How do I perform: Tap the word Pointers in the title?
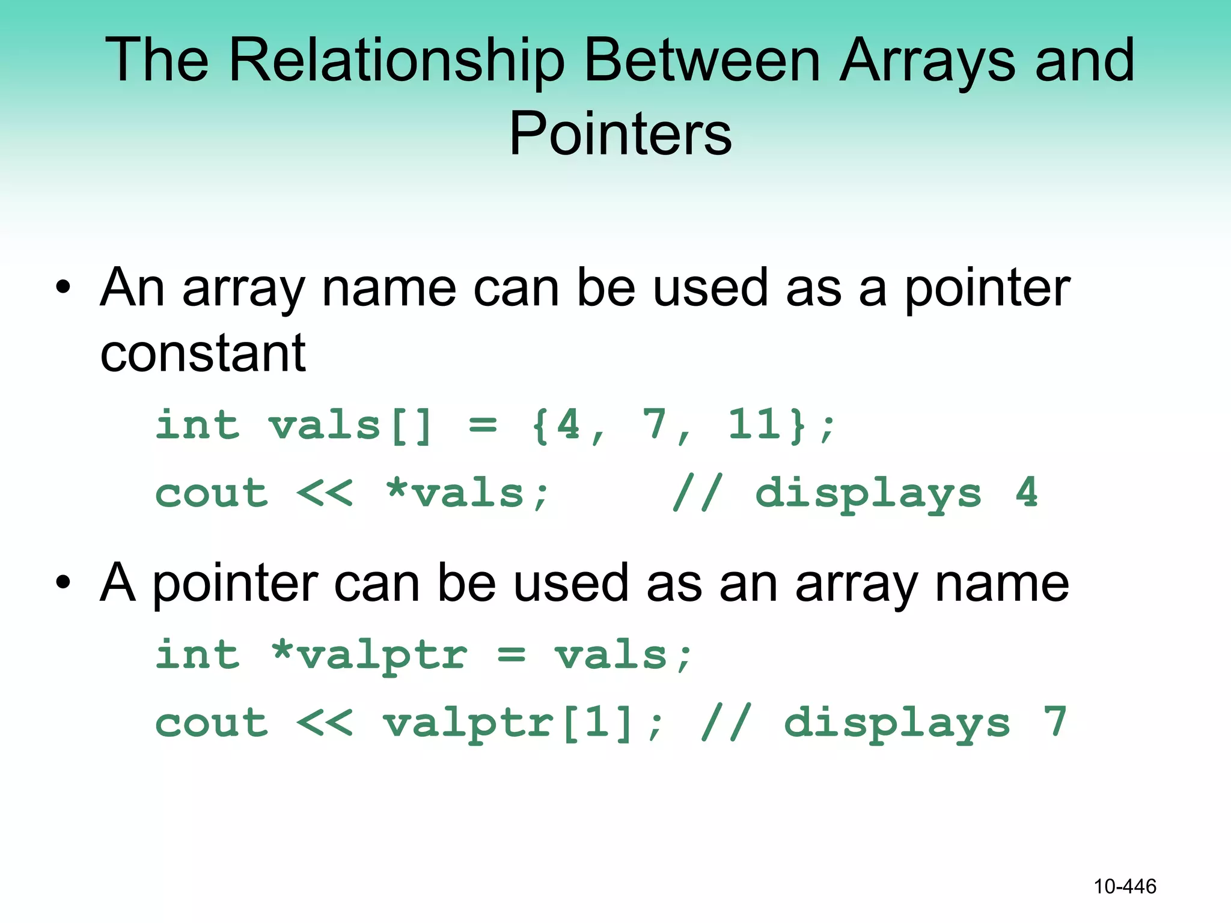coord(620,135)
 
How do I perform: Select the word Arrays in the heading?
coord(927,61)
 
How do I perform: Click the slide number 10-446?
coord(1125,886)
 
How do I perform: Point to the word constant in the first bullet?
coord(203,353)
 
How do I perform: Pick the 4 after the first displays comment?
coord(1027,493)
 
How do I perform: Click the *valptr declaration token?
coord(369,655)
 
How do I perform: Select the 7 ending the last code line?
coord(1055,722)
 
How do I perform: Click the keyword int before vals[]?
coord(197,425)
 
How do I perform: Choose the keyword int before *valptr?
coord(197,655)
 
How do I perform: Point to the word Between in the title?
coord(702,61)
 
